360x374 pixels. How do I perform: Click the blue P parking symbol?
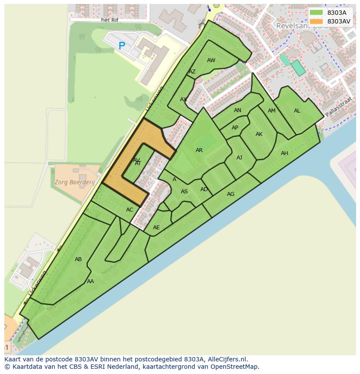pos(122,45)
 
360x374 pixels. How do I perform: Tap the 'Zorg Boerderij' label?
pos(75,182)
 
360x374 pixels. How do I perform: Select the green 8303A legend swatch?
pos(316,13)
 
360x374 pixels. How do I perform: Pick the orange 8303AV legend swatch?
pos(316,21)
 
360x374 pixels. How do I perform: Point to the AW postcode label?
pos(211,60)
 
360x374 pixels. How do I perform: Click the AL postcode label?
pos(297,111)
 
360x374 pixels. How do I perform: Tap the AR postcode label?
pos(199,150)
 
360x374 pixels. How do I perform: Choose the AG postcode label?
pos(230,194)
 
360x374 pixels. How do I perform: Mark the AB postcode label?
pos(78,259)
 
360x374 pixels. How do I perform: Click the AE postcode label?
pos(157,228)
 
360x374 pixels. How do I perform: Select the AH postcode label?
pos(284,153)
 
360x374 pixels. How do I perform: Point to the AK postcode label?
pos(259,134)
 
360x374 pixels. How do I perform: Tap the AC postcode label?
pos(130,210)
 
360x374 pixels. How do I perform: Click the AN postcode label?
pos(237,110)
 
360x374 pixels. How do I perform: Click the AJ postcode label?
pos(239,158)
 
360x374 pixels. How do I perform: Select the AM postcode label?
pos(272,111)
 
